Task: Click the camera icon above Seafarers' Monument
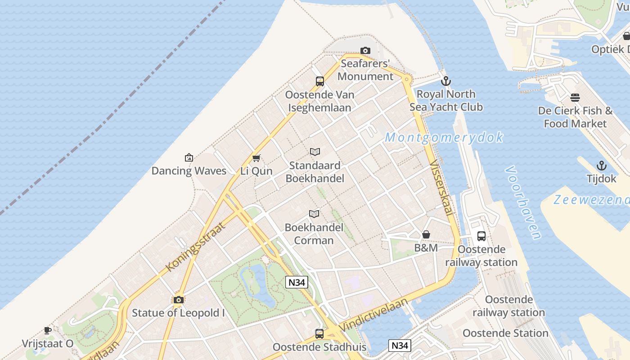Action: tap(365, 50)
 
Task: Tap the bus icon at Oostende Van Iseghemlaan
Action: tap(320, 81)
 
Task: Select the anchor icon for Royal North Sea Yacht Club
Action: tap(446, 81)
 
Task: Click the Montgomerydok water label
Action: tap(444, 138)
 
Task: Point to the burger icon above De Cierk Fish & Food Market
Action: tap(575, 97)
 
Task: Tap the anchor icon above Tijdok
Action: tap(601, 166)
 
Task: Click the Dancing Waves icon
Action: tap(189, 157)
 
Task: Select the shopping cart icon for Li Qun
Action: tap(256, 158)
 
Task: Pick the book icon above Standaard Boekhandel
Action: tap(315, 152)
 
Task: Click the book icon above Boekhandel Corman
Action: tap(314, 214)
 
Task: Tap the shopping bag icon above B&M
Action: tap(426, 234)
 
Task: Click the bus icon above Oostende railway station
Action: tap(481, 236)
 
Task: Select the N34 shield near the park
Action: tap(297, 282)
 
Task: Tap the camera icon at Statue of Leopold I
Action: tap(178, 300)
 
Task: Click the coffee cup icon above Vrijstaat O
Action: tap(48, 331)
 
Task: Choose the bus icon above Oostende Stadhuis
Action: tap(319, 334)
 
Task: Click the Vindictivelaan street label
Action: tap(373, 314)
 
